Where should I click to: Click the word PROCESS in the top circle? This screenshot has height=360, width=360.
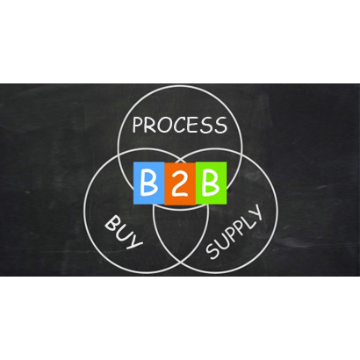(180, 125)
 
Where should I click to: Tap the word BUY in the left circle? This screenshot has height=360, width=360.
(124, 232)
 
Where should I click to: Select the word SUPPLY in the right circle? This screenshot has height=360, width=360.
(234, 232)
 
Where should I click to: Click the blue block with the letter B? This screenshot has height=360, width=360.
(148, 183)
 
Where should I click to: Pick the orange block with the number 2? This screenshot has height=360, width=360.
(180, 184)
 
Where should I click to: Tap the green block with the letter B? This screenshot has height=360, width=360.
(211, 183)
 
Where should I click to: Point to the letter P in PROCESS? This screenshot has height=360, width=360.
(137, 125)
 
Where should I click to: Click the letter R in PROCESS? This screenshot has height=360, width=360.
(149, 126)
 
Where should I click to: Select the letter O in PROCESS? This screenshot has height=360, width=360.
(162, 126)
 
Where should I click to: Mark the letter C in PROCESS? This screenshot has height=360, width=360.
(176, 126)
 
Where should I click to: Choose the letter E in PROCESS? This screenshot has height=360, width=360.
(189, 126)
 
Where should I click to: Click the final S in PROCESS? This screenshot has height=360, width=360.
(220, 125)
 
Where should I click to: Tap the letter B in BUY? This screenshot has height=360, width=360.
(112, 223)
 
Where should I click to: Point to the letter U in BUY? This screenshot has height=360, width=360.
(123, 233)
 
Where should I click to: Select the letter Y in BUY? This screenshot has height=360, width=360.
(134, 241)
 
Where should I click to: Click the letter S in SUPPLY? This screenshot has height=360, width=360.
(213, 252)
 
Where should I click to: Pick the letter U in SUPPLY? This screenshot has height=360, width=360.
(222, 243)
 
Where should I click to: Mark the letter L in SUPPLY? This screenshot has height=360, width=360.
(247, 220)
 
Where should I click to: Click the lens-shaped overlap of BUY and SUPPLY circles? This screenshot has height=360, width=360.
(181, 237)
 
